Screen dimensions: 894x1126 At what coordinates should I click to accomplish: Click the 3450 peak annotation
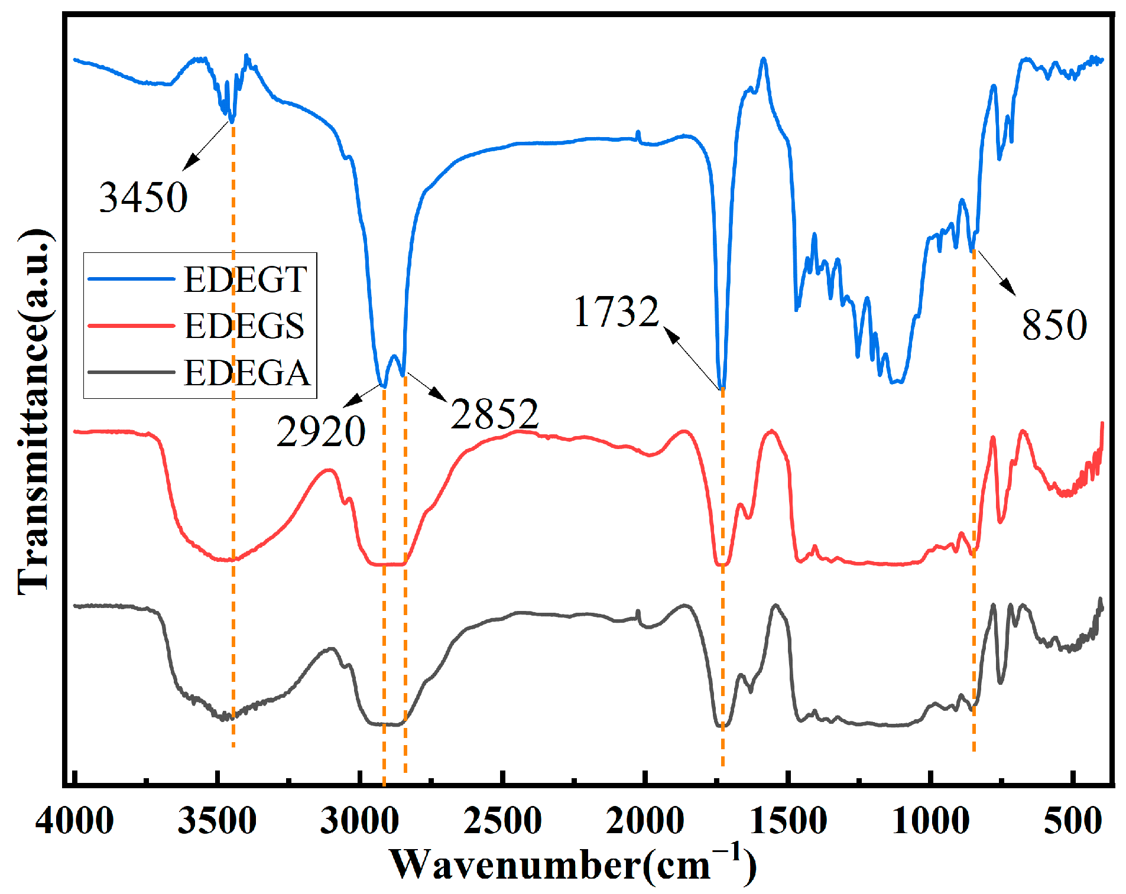(x=143, y=197)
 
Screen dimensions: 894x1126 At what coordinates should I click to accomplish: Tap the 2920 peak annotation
(x=321, y=431)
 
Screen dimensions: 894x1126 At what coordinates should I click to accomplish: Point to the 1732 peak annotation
(x=616, y=311)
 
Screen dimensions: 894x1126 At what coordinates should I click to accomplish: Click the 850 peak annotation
(x=1054, y=325)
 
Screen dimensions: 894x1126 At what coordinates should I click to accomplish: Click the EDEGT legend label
(x=245, y=279)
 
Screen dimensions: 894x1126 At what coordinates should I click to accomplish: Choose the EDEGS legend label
(x=244, y=326)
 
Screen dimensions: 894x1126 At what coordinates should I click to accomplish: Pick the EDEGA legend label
(x=246, y=373)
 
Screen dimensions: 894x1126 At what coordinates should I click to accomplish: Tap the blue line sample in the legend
(x=131, y=279)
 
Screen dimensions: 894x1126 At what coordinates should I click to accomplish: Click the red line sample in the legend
(x=131, y=326)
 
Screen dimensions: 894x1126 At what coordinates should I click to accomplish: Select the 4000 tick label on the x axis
(x=74, y=821)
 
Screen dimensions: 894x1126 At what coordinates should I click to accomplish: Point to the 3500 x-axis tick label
(x=217, y=821)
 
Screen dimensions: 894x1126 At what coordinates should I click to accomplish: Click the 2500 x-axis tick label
(x=502, y=821)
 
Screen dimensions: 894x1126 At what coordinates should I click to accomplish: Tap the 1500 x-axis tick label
(x=788, y=821)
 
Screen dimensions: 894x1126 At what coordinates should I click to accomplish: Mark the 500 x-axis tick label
(x=1073, y=821)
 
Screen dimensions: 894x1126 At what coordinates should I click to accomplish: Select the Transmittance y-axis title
(x=34, y=411)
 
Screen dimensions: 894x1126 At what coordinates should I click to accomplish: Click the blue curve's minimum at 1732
(x=722, y=388)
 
